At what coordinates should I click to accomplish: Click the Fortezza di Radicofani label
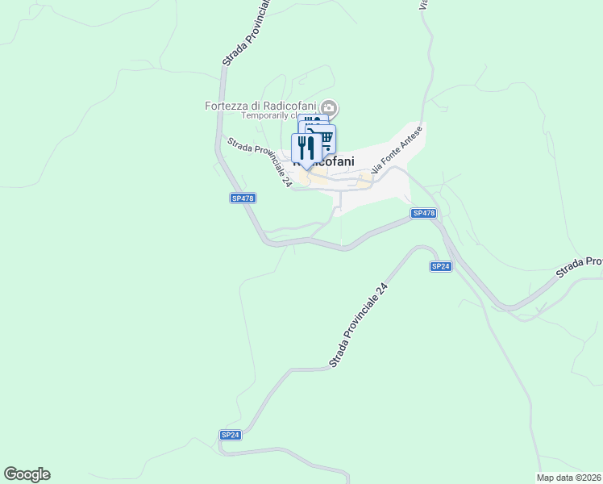click(260, 106)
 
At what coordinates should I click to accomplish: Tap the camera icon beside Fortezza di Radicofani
click(329, 107)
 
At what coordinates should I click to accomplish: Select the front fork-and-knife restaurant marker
click(306, 148)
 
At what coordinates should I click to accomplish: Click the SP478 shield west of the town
click(243, 198)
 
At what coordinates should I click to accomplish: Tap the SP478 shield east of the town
click(423, 213)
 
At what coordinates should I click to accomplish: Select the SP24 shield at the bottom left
click(231, 435)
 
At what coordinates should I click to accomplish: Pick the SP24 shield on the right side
click(440, 266)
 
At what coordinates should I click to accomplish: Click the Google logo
click(27, 474)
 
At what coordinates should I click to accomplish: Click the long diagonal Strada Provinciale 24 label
click(358, 324)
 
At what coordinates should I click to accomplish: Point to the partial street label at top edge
click(422, 5)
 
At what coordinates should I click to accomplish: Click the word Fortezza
click(227, 106)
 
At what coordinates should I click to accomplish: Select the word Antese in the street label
click(409, 140)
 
